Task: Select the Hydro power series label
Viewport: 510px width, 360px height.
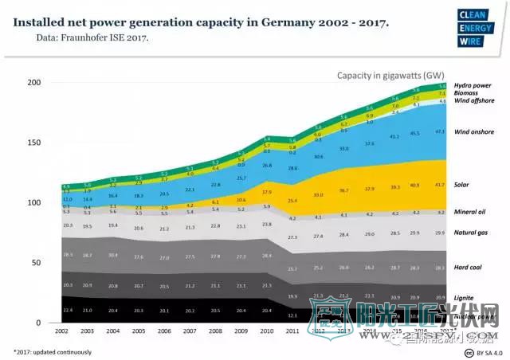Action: click(473, 84)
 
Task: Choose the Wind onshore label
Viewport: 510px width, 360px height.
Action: click(474, 131)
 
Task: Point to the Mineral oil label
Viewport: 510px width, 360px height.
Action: click(471, 212)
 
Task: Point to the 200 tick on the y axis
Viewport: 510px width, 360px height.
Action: click(34, 83)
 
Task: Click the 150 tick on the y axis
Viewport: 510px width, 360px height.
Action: click(34, 143)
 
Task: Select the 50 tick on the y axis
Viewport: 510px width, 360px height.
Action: click(37, 263)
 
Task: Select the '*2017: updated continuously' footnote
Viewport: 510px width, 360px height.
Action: click(52, 351)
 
